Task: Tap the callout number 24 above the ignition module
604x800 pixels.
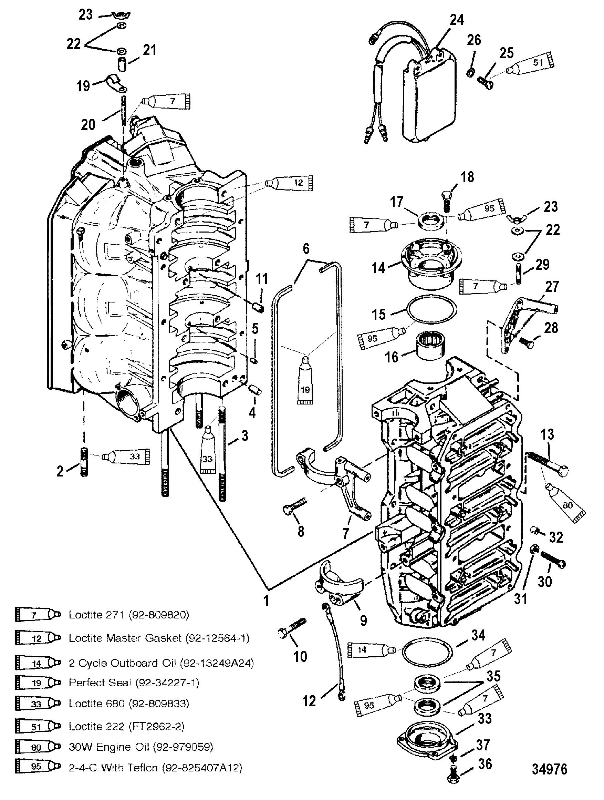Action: click(x=457, y=20)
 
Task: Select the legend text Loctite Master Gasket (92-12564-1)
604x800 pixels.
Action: click(x=159, y=638)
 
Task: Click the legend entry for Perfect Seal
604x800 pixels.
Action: click(x=134, y=683)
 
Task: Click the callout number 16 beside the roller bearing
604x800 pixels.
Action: click(x=392, y=357)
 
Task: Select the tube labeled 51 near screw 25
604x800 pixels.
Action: click(x=532, y=64)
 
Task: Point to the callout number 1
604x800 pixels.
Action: click(x=266, y=601)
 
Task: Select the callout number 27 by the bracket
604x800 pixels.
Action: click(x=552, y=286)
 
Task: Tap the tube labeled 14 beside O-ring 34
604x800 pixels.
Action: click(x=371, y=650)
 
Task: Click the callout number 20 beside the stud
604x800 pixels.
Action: click(x=88, y=124)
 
